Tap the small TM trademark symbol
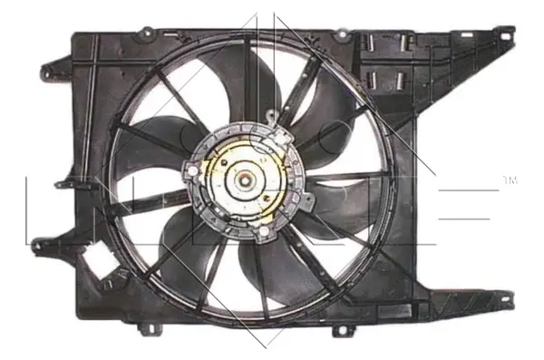pyautogui.click(x=510, y=180)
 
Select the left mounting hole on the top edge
pyautogui.click(x=142, y=34)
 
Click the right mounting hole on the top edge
pyautogui.click(x=342, y=34)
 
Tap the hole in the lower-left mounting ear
pyautogui.click(x=39, y=243)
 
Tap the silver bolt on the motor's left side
pyautogui.click(x=190, y=170)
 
